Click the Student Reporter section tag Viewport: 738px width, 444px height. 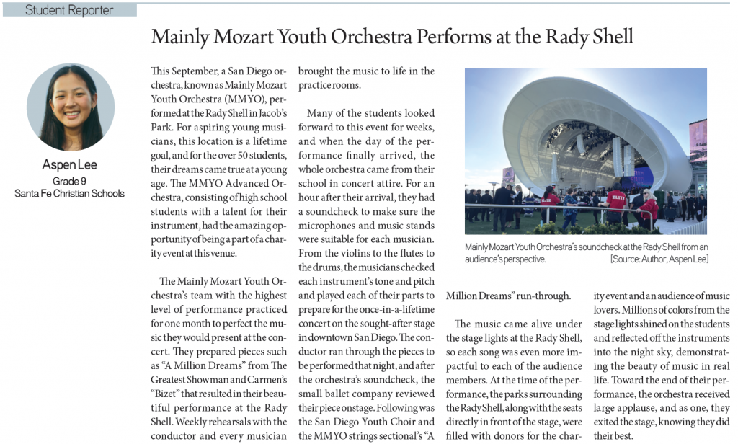click(x=69, y=10)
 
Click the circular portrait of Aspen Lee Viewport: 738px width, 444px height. click(x=71, y=107)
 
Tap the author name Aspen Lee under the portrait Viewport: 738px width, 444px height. click(x=70, y=165)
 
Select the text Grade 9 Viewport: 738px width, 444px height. click(x=70, y=180)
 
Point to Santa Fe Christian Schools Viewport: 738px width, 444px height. click(x=70, y=193)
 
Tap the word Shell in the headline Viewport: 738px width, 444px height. click(x=611, y=37)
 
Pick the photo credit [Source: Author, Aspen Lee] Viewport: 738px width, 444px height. click(x=659, y=259)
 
